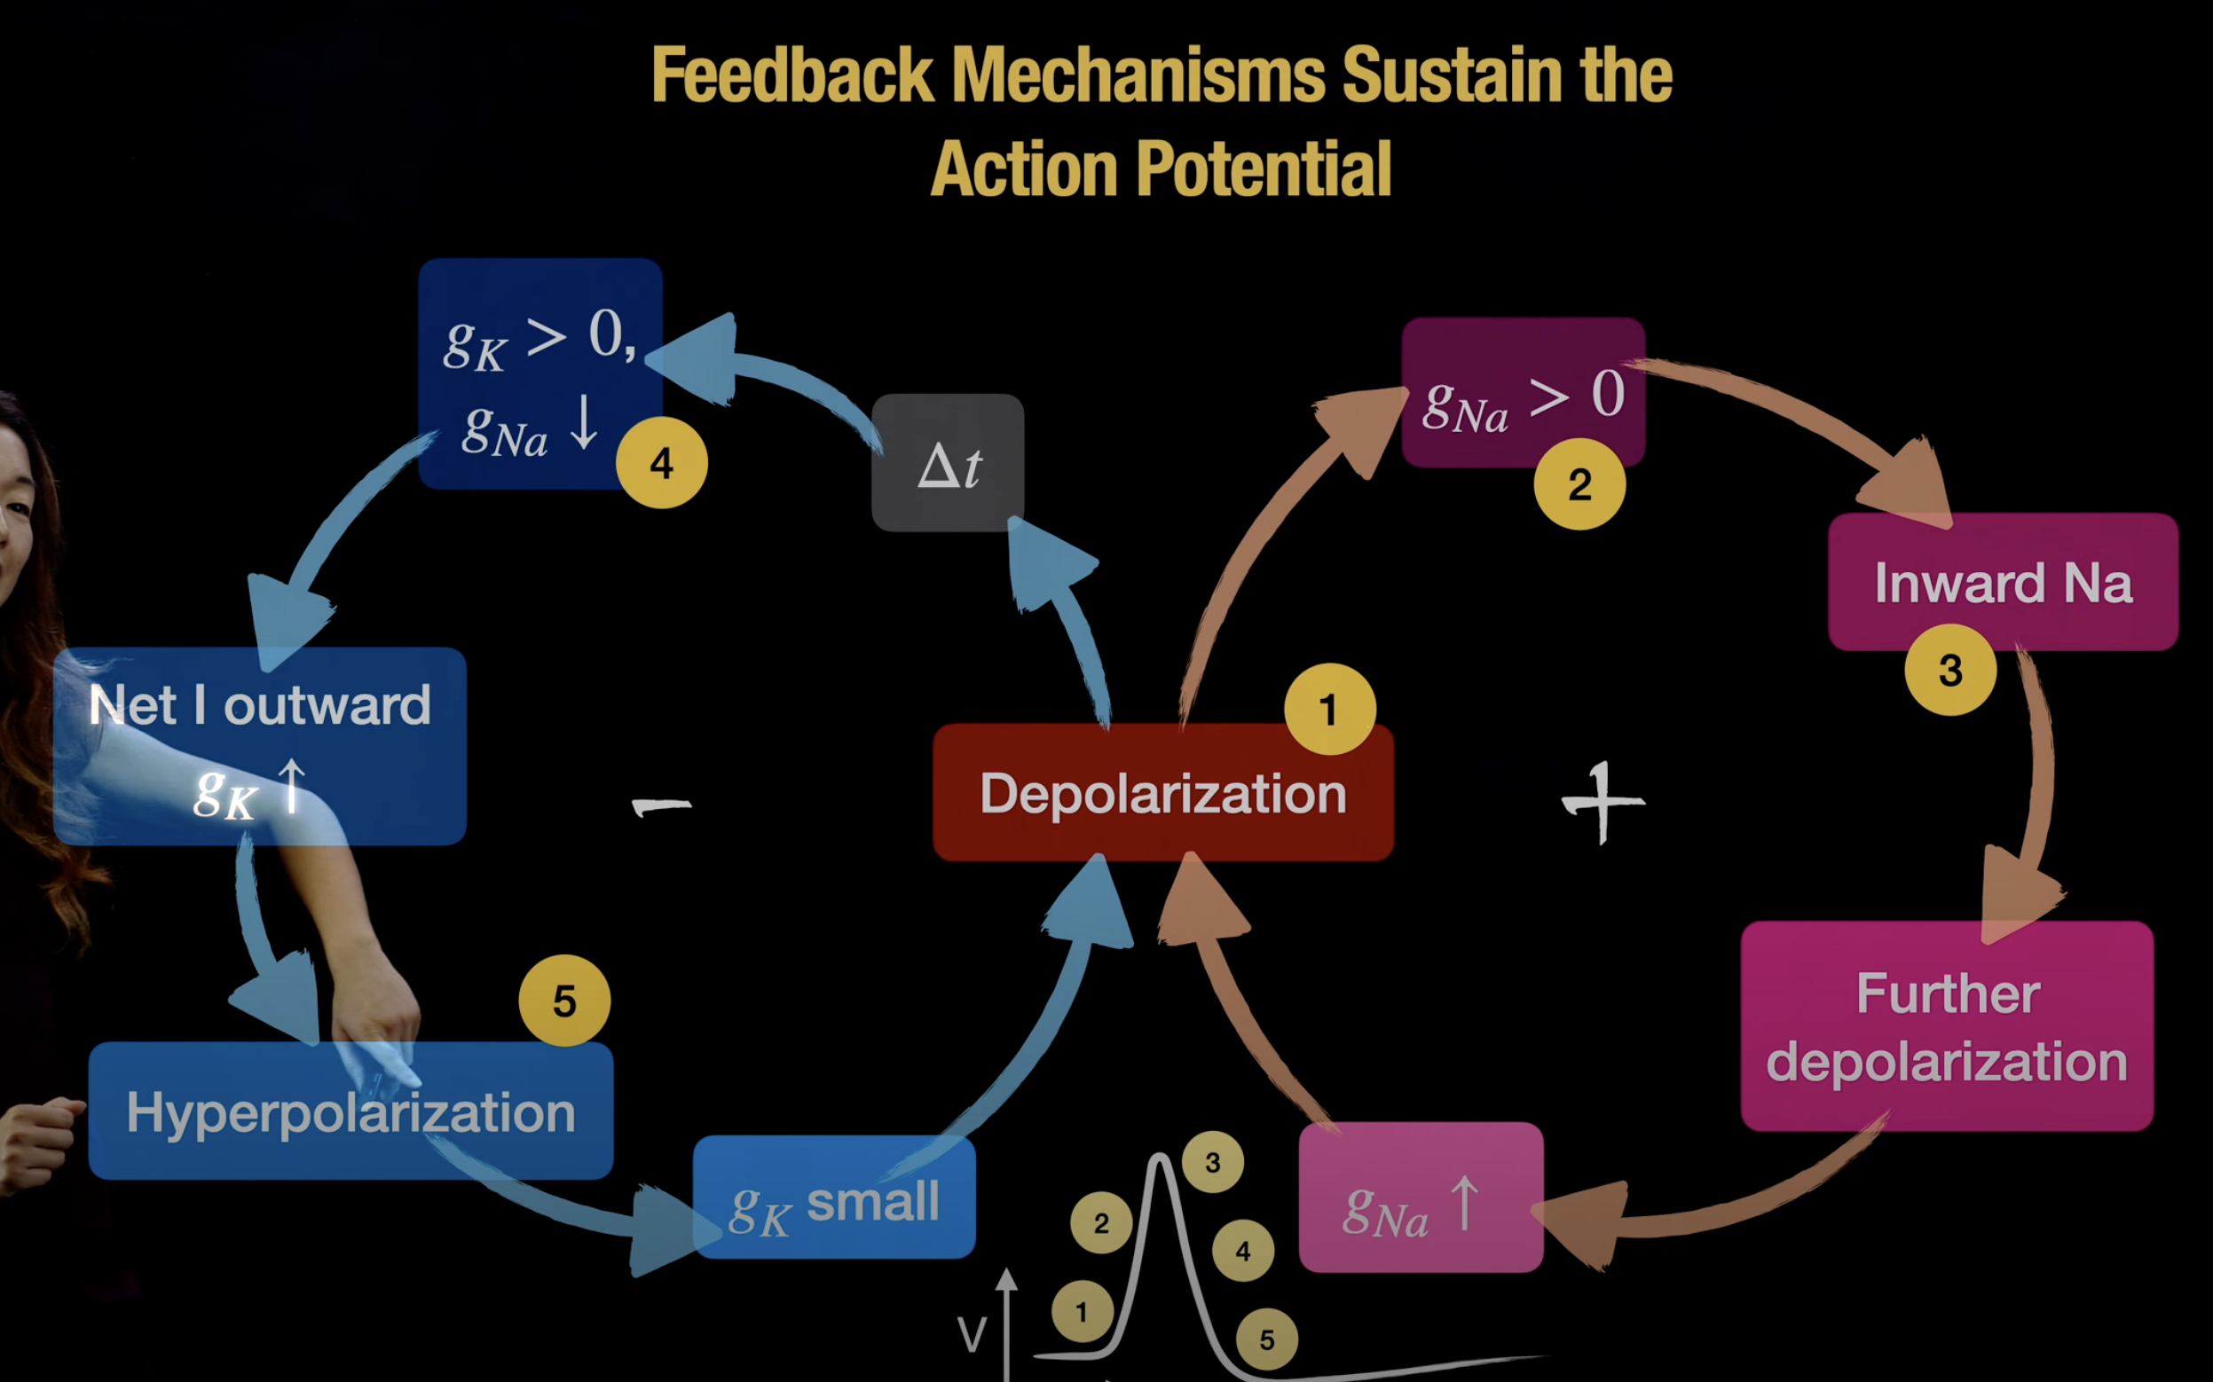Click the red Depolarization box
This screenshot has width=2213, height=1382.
click(x=1162, y=792)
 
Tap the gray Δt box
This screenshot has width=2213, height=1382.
click(x=948, y=463)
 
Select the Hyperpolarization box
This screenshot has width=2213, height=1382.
click(x=351, y=1111)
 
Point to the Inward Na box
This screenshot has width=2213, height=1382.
click(x=2002, y=582)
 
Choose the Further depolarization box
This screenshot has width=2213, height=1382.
click(x=1947, y=1026)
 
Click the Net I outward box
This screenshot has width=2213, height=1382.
click(x=260, y=745)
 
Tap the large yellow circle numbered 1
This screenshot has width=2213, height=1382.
click(x=1329, y=710)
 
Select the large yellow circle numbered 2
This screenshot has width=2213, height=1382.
click(x=1579, y=484)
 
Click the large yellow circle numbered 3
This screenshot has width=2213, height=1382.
click(x=1950, y=670)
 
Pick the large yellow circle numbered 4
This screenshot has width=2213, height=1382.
click(x=662, y=463)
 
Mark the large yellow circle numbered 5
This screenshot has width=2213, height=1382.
click(x=564, y=1001)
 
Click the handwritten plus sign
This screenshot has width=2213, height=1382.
click(x=1603, y=803)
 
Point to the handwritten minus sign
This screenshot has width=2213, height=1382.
click(x=662, y=806)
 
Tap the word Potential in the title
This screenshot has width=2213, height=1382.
click(x=1264, y=169)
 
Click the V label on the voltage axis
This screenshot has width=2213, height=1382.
click(x=972, y=1335)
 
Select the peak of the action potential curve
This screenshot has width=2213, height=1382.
click(x=1160, y=1159)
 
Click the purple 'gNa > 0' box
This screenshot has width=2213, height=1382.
click(x=1523, y=393)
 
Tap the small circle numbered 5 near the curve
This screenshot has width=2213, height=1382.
click(x=1267, y=1340)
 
